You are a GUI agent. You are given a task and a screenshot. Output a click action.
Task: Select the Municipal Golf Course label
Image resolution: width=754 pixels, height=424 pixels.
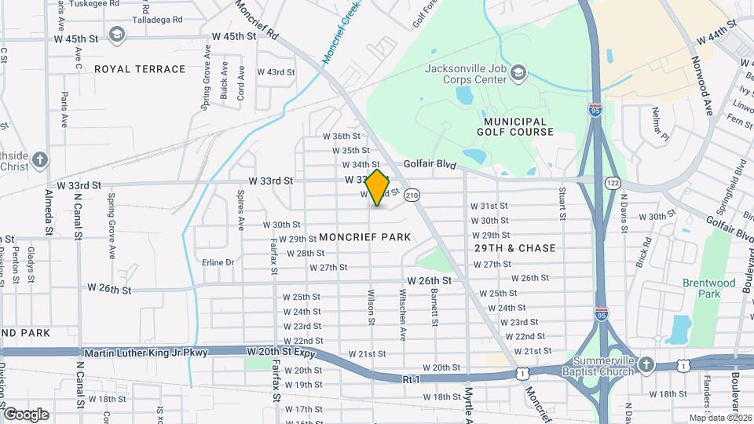tap(515, 126)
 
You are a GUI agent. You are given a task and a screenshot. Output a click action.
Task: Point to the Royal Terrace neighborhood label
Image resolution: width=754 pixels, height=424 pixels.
tap(140, 69)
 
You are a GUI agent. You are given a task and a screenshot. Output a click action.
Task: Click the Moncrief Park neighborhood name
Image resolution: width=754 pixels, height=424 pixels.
tap(365, 237)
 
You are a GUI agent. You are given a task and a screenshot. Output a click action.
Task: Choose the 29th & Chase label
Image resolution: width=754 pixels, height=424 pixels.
tap(515, 248)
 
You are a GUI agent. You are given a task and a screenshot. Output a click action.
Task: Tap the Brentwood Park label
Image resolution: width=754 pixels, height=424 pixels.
tap(715, 288)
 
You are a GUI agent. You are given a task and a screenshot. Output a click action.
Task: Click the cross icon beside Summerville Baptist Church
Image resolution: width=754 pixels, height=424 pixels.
tap(646, 365)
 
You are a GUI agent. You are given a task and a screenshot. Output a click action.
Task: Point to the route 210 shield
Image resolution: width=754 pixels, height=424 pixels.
tap(413, 194)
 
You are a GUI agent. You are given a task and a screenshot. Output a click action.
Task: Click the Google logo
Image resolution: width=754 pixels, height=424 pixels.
tap(25, 414)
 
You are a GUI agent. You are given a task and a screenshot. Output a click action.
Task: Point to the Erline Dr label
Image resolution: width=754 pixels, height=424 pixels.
tap(218, 262)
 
